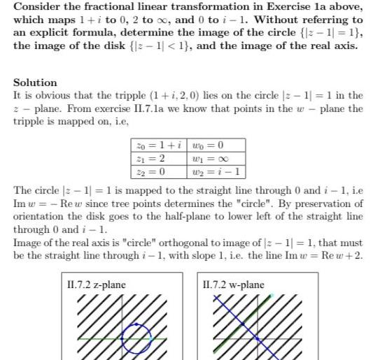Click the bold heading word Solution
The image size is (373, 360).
[35, 82]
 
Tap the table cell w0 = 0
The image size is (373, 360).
[207, 145]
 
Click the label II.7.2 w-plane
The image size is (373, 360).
[233, 285]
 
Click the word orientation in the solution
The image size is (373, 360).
[37, 217]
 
